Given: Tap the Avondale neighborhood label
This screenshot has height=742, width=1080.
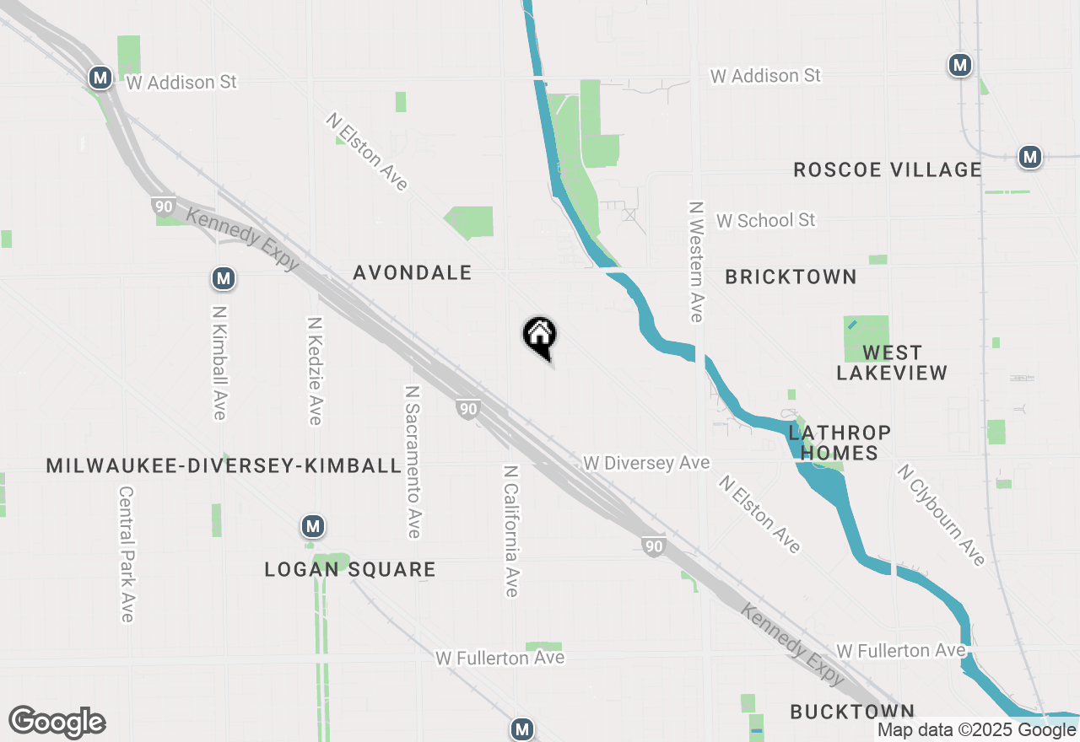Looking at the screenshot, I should (412, 273).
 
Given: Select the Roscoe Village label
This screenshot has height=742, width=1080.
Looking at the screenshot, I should (888, 170).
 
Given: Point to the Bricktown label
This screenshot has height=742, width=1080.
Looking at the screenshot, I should (791, 277).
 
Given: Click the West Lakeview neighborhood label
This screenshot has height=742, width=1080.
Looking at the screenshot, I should (892, 363).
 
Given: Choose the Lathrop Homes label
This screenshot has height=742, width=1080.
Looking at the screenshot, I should (840, 444).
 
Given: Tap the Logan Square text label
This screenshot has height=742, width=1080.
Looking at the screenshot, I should (350, 570).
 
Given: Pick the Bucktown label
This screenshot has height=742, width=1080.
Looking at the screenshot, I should (852, 712).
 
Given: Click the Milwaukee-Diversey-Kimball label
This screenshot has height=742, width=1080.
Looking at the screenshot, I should (224, 466).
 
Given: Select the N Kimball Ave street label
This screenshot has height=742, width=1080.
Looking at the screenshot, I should (219, 363).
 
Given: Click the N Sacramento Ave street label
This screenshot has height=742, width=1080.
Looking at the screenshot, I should (413, 462).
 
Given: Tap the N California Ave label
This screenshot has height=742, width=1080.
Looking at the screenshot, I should (510, 530).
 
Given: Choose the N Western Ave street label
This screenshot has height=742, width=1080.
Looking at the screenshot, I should (696, 261).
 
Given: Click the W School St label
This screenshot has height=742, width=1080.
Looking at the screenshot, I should (766, 220).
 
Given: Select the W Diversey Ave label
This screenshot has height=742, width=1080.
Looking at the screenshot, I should (646, 463).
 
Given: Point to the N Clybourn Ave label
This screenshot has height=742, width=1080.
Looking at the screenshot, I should (941, 515).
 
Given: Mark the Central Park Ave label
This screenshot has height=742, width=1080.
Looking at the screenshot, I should (127, 554).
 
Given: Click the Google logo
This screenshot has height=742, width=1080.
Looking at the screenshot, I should (57, 722).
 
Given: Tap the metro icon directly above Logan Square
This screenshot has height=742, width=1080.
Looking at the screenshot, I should (313, 527).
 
